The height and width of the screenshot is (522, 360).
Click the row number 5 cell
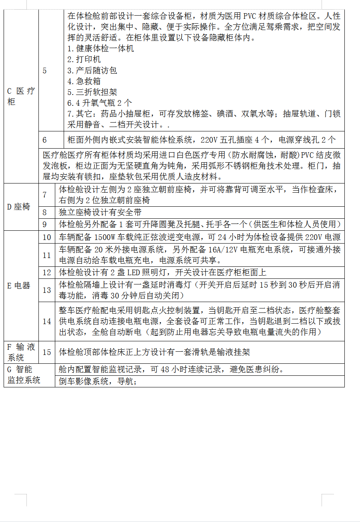(45, 71)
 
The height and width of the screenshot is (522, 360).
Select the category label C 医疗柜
(21, 96)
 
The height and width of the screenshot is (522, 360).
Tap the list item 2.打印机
(84, 60)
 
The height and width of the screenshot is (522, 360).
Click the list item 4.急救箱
(84, 81)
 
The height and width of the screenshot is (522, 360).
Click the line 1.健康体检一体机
(101, 49)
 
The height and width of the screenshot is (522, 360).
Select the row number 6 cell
(45, 140)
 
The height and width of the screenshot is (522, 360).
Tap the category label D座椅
(19, 207)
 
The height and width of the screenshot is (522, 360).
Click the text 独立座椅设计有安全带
(100, 212)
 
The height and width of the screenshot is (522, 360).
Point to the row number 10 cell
(47, 237)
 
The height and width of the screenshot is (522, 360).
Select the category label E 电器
(19, 286)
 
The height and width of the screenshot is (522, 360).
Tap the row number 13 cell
(47, 290)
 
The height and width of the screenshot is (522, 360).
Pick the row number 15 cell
(47, 352)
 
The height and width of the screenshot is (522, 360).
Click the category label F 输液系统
(21, 352)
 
